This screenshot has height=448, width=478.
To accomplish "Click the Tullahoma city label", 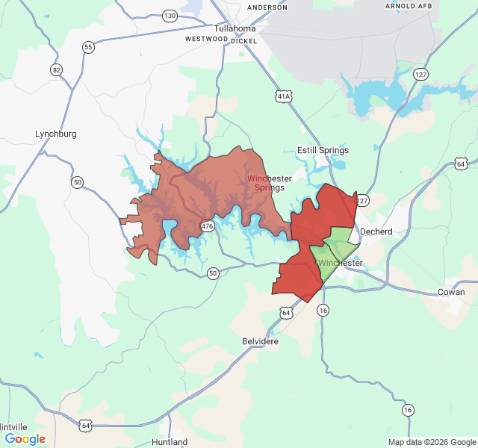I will click(x=235, y=28).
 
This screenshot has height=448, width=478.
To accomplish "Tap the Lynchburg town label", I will click(x=56, y=134).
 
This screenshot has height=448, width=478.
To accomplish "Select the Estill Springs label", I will click(x=323, y=150).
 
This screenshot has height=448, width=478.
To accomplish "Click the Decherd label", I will click(x=376, y=231).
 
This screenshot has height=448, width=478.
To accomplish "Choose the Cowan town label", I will click(x=450, y=292).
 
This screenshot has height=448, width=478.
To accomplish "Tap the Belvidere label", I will click(x=260, y=340).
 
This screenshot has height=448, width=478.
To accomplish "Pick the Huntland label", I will click(x=170, y=442).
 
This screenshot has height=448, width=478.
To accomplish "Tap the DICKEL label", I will click(x=244, y=41).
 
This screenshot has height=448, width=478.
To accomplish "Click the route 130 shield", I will click(x=170, y=16).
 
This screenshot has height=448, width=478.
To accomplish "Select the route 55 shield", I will click(x=89, y=47).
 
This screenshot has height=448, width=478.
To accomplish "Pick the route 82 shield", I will click(x=57, y=69).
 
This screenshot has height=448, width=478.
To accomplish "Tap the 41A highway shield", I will click(x=282, y=96).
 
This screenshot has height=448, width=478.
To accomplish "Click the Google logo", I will click(x=25, y=439).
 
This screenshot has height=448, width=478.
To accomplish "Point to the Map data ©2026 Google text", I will click(x=432, y=442).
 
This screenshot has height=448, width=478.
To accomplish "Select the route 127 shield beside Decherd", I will click(x=363, y=201).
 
